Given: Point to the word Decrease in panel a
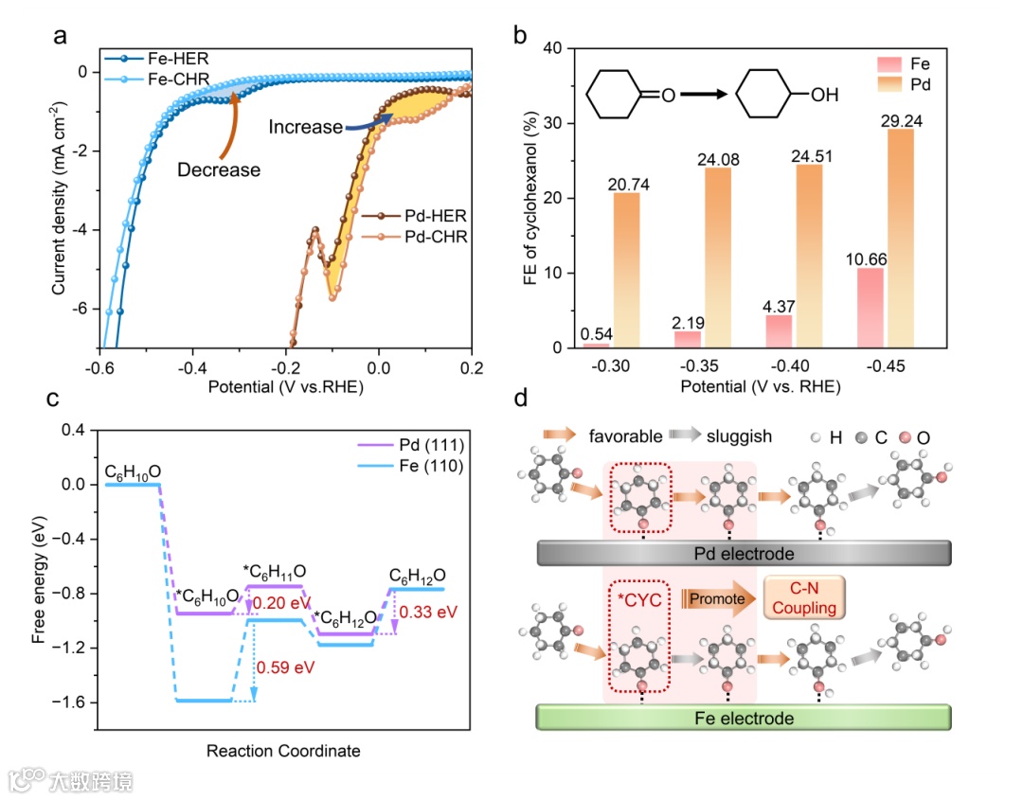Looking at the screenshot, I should (218, 170).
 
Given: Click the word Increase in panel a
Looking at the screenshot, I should (304, 127).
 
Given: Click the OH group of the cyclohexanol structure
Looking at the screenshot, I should (823, 95).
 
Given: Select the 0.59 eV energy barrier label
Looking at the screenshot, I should (284, 667).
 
